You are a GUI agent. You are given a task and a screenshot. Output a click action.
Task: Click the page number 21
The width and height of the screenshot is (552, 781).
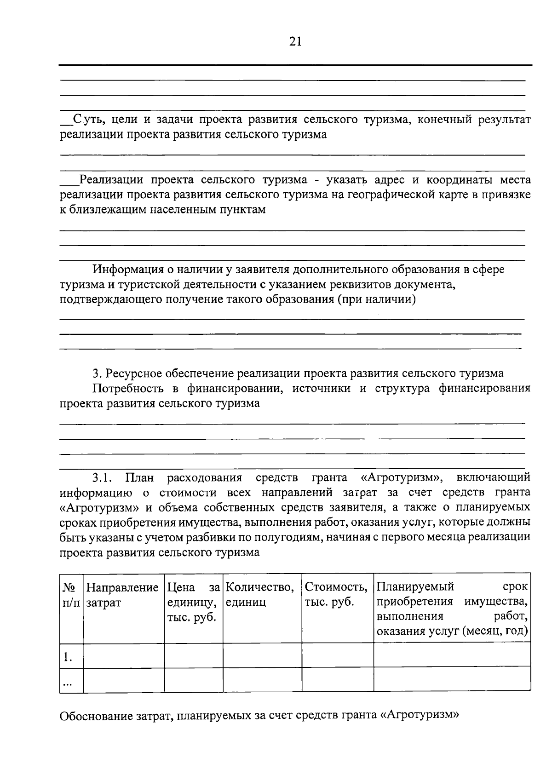pyautogui.click(x=295, y=42)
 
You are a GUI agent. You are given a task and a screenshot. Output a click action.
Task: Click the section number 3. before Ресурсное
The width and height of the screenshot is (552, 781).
pyautogui.click(x=96, y=373)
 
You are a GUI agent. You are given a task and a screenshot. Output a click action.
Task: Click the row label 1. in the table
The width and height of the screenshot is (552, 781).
pyautogui.click(x=68, y=657)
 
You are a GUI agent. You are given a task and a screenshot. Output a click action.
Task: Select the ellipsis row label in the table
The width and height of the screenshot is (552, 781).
pyautogui.click(x=68, y=683)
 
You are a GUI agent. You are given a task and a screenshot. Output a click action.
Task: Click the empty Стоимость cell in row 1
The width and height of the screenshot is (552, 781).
pyautogui.click(x=338, y=655)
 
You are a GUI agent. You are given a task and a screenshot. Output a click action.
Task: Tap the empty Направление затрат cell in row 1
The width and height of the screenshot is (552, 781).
pyautogui.click(x=123, y=655)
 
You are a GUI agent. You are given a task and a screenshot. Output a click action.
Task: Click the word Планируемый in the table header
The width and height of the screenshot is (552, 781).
pyautogui.click(x=415, y=587)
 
